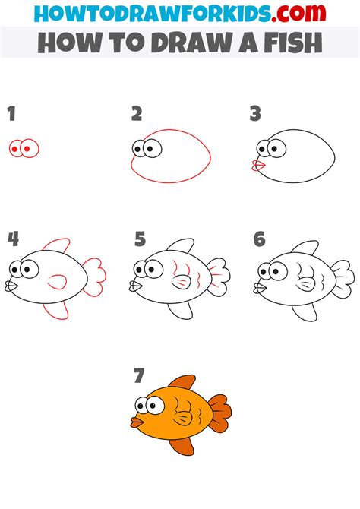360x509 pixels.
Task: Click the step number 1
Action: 11,115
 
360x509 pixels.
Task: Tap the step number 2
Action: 137,115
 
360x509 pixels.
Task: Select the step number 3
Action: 255,115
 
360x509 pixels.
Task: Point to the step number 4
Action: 13,239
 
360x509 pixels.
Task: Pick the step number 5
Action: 140,239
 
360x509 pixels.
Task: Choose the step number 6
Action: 260,239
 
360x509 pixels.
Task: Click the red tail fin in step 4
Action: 95,277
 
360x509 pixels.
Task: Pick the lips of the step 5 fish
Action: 135,288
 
